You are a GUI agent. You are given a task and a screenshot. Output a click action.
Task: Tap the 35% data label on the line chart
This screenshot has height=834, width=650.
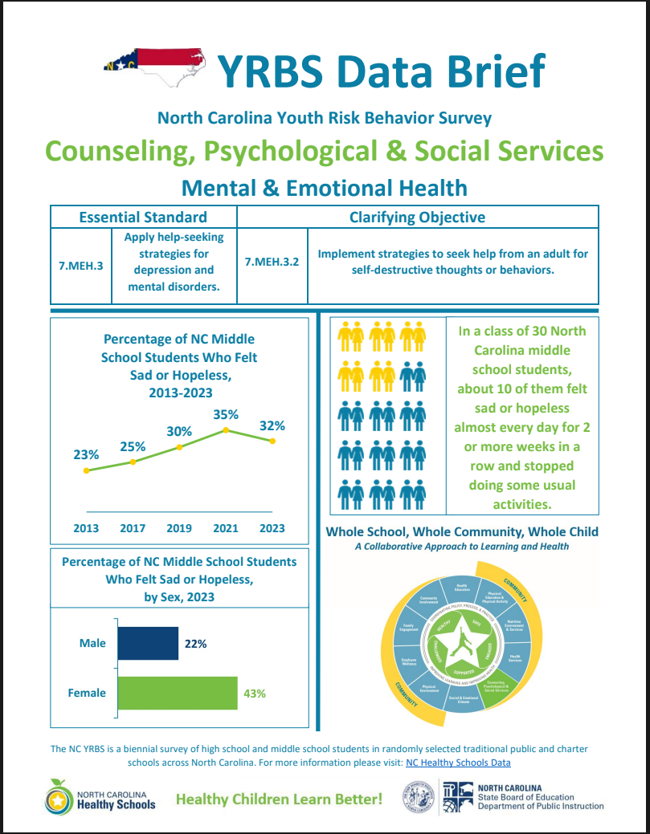(226, 415)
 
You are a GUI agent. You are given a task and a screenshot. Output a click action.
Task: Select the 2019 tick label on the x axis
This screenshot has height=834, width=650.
(179, 528)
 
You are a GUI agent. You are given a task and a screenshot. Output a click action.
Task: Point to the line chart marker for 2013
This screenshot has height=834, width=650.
(86, 470)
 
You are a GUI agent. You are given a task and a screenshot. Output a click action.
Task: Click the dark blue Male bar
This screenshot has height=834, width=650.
(148, 644)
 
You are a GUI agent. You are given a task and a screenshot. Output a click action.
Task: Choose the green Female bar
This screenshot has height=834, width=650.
(178, 693)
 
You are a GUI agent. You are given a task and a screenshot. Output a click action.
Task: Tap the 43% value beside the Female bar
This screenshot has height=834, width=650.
(255, 694)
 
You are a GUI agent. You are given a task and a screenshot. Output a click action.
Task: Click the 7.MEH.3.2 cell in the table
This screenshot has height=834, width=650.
(272, 262)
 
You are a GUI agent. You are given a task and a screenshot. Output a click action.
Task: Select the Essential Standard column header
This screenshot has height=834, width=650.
(143, 217)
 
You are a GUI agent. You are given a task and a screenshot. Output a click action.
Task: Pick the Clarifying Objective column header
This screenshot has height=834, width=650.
(417, 217)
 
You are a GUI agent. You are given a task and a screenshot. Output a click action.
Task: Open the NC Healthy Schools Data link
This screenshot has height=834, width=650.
(458, 763)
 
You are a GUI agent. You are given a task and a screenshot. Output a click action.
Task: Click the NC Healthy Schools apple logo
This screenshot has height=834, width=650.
(58, 796)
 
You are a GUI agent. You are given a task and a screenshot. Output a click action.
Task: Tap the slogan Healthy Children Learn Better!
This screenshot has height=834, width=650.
(279, 799)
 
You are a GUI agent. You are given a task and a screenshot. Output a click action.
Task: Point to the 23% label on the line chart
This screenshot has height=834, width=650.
(86, 454)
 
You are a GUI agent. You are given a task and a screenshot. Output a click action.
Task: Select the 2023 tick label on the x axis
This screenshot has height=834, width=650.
(272, 528)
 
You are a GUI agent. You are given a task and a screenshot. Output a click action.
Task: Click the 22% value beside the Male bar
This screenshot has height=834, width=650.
(196, 644)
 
